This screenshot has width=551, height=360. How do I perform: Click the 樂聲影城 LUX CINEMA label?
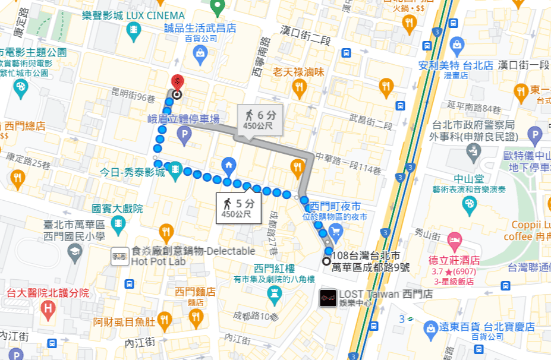click(x=133, y=15)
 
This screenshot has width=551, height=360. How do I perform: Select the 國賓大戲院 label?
click(x=117, y=209)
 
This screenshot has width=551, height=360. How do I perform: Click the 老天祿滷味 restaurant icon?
click(x=299, y=89)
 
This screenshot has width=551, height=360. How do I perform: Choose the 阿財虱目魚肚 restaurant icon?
click(x=165, y=321)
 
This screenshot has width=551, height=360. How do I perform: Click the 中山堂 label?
click(x=468, y=178)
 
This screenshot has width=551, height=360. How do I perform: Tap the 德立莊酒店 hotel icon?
click(x=454, y=242)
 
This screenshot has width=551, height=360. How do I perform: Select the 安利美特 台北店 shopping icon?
click(x=456, y=45)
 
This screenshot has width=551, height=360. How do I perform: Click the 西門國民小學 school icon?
click(x=75, y=252)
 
